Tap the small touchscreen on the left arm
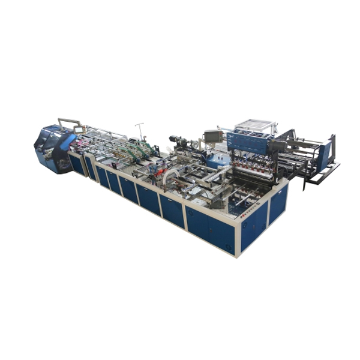coord(79,130)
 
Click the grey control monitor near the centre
coord(214,136)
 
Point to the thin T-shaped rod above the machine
coord(140,129)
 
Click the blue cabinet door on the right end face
coord(277,204)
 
